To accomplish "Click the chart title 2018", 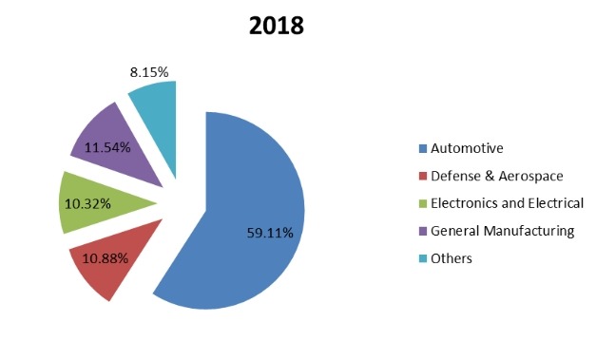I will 277,26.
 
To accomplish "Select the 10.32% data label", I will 88,203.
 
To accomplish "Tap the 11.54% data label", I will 108,148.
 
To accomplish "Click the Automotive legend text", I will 467,148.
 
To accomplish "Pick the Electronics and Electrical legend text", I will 507,203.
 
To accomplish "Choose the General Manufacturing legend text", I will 503,231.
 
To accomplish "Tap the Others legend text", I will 452,258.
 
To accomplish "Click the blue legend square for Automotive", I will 422,148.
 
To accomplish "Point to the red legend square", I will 422,176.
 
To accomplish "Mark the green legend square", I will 422,203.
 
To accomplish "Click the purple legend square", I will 422,231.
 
